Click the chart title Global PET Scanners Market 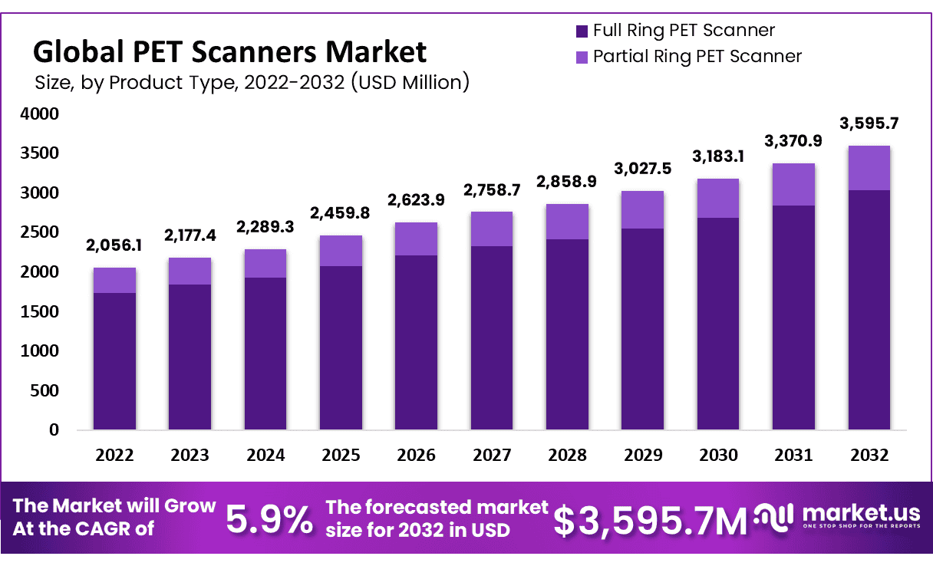[x=229, y=51]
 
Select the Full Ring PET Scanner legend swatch [x=581, y=31]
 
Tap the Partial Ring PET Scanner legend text [x=697, y=56]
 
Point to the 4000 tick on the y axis [x=44, y=114]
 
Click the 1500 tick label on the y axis [x=44, y=311]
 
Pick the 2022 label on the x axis [x=114, y=455]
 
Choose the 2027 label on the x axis [x=492, y=455]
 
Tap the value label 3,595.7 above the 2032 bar [x=869, y=123]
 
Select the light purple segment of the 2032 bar [x=869, y=168]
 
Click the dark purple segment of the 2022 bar [x=114, y=360]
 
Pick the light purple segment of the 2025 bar [x=341, y=251]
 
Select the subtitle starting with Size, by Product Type [x=252, y=81]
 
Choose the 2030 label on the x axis [x=718, y=455]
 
